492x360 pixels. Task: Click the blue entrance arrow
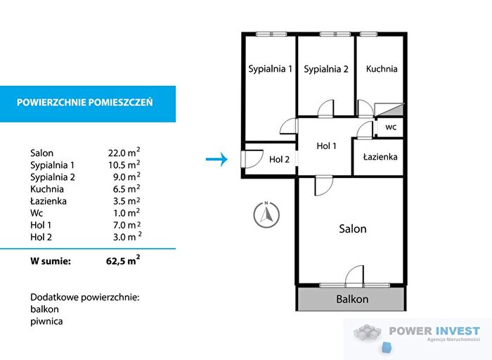point(216,159)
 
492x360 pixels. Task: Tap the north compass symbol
point(266,214)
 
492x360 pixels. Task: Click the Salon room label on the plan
point(352,229)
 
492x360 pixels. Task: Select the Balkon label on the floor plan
point(352,299)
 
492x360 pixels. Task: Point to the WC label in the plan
point(391,127)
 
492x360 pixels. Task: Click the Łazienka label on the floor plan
point(380,156)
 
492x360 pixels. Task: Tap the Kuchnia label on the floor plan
point(382,69)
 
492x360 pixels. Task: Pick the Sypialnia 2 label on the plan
point(326,69)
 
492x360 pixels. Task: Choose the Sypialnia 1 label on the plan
point(270,69)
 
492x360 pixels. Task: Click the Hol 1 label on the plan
point(326,146)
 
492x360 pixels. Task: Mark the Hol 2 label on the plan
point(279,160)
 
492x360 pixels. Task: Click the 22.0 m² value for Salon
point(124,152)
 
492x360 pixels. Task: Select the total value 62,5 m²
point(123,260)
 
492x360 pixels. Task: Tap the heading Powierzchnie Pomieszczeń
point(85,103)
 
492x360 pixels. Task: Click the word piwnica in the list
point(46,321)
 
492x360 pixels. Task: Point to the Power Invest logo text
point(434,330)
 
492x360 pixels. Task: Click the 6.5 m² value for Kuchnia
point(127,188)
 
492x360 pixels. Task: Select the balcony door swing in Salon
point(354,276)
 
